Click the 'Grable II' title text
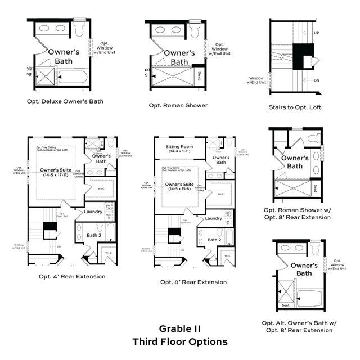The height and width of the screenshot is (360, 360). (x=180, y=328)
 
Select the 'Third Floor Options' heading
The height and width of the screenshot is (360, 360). (x=180, y=341)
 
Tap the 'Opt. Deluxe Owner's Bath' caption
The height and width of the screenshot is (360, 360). (x=65, y=102)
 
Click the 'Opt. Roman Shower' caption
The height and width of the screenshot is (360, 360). (x=178, y=105)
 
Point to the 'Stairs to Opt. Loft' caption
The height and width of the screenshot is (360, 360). (x=295, y=107)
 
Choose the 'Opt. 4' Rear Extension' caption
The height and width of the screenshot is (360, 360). (x=72, y=276)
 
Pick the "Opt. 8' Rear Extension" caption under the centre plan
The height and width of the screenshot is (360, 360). (x=193, y=282)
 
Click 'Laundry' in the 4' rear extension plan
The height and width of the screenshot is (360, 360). (x=93, y=211)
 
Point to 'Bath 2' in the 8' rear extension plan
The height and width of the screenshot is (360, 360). (x=214, y=240)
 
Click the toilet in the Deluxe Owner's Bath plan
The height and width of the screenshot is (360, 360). (x=79, y=27)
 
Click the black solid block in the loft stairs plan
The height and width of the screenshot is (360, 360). (x=305, y=54)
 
